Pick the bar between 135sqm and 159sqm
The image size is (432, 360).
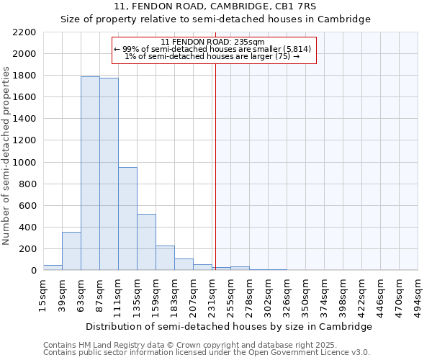click(146, 242)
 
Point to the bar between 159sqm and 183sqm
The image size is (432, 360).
click(165, 258)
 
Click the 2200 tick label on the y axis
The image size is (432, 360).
click(24, 32)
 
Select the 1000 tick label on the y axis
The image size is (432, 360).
click(24, 163)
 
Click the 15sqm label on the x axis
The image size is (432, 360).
click(43, 292)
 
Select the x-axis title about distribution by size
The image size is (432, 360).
click(230, 326)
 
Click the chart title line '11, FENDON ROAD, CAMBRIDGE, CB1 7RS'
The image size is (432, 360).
click(215, 6)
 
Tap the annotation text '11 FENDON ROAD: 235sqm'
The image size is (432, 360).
click(213, 42)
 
